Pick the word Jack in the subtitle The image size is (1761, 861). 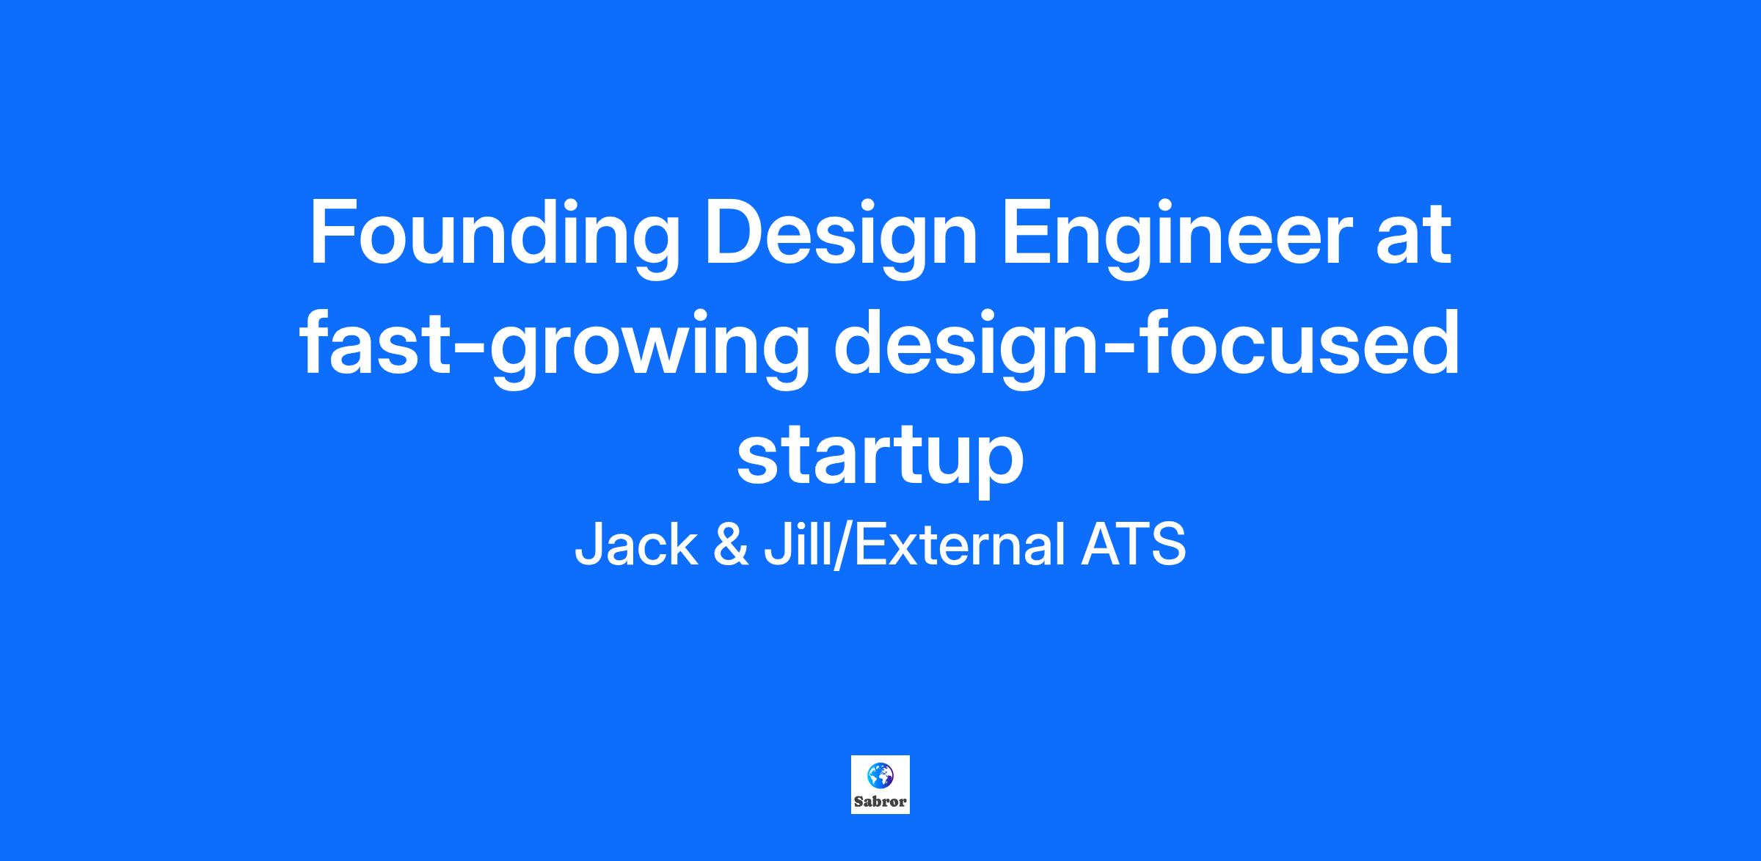636,545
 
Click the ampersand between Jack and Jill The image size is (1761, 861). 732,545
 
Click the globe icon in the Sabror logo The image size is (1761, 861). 880,774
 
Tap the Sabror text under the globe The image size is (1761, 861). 880,801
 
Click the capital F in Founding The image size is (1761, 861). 334,234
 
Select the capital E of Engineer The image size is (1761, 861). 1029,234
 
